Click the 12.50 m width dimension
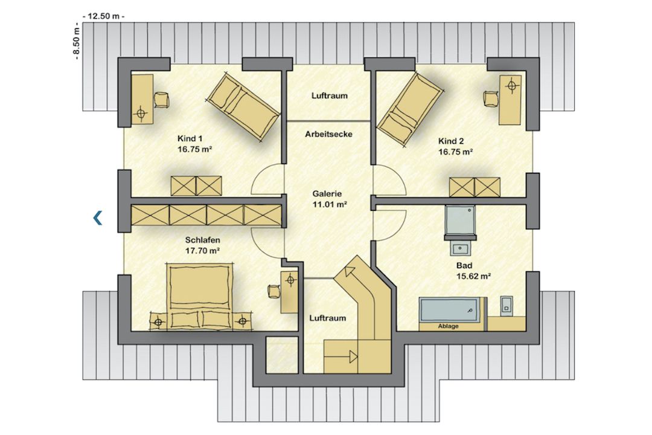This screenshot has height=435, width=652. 104,16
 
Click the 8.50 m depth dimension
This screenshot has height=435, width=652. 76,42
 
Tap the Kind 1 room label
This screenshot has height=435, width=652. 190,138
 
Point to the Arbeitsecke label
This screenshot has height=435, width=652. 328,135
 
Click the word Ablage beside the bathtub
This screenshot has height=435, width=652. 448,326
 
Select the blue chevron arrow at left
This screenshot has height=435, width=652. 98,217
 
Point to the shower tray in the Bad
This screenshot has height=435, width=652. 459,220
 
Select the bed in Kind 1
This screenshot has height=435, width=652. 243,108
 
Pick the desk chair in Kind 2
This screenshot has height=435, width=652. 491,99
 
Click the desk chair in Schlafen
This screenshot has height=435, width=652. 274,291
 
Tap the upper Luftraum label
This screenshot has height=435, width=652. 330,95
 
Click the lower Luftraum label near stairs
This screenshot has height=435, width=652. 328,318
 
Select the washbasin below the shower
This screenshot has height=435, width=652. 460,249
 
